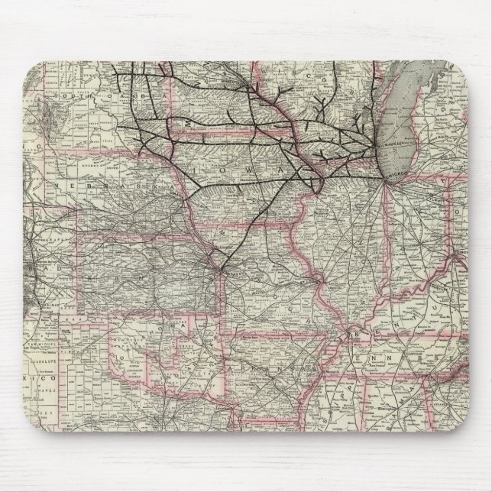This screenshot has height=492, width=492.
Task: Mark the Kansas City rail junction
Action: click(221, 267)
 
